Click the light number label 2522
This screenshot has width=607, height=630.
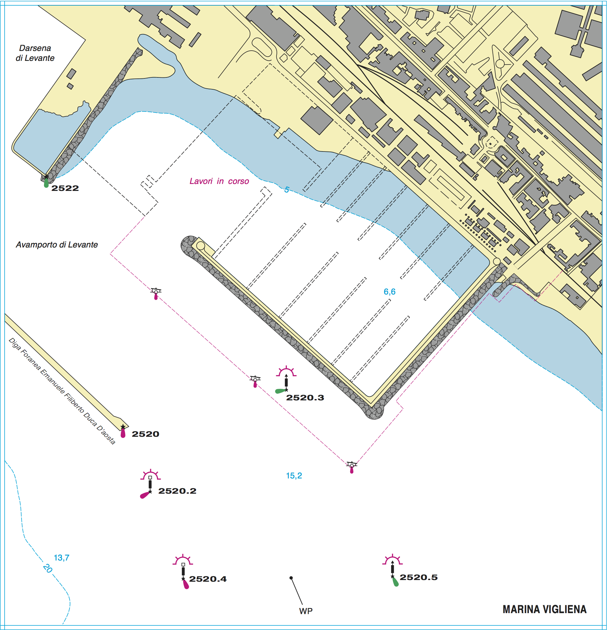point(65,188)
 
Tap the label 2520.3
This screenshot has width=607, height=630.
point(305,398)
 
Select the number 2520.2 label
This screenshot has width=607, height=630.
point(177,491)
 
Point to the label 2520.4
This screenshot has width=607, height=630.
point(208,579)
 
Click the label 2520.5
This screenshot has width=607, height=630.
point(419,577)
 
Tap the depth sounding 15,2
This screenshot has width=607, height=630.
point(294,476)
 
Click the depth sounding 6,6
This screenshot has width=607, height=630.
point(389,292)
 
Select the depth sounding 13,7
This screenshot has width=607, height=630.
point(62,558)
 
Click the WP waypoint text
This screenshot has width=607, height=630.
point(306,611)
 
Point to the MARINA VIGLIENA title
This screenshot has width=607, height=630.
point(544,609)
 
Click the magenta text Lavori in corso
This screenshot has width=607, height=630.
point(219,181)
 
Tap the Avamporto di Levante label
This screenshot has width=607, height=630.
point(57,245)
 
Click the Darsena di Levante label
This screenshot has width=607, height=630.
point(35,53)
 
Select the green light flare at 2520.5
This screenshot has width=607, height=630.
point(395,582)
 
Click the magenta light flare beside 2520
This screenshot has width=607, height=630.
point(123,433)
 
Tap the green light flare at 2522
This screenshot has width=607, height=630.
point(46,183)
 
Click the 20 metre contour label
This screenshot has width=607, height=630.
point(48,568)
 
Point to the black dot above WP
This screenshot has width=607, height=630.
point(291,578)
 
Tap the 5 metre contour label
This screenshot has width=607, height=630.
point(287,190)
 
